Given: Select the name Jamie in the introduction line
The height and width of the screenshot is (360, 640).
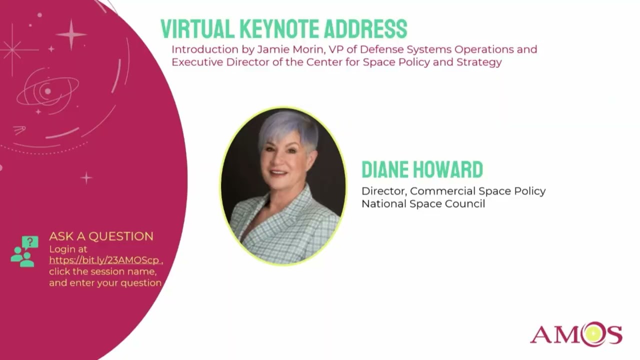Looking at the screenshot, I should point(270,49).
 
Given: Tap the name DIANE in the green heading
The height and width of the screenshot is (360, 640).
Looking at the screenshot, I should point(387,170).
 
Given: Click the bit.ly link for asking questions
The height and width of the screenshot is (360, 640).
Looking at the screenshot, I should point(104,260).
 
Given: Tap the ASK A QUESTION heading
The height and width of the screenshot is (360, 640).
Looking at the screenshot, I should point(101,236).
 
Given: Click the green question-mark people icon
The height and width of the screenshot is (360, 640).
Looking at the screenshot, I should point(25,251).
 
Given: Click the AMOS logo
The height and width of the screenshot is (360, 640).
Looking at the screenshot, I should point(576,334).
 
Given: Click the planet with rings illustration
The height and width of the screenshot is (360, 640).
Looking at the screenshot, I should point(47,91).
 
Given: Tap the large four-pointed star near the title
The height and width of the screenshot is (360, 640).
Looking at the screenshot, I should point(71,34).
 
